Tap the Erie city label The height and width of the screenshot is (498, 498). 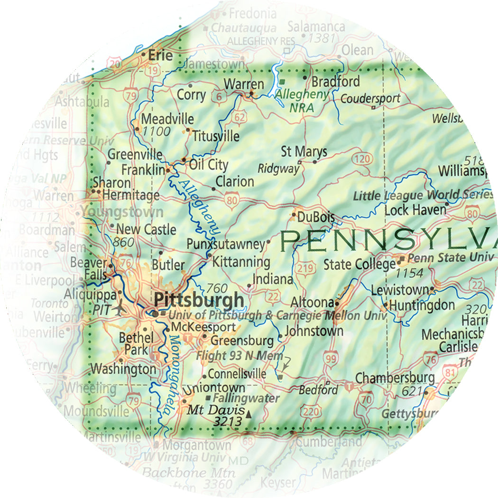pyautogui.click(x=160, y=55)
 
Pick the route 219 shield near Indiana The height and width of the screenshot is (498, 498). pyautogui.click(x=305, y=269)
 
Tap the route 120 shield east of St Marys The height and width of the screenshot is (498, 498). pyautogui.click(x=363, y=159)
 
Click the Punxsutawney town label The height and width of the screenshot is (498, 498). pyautogui.click(x=225, y=245)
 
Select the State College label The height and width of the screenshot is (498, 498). pyautogui.click(x=359, y=264)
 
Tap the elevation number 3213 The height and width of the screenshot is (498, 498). pyautogui.click(x=228, y=421)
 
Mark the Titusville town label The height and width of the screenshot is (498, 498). pyautogui.click(x=215, y=137)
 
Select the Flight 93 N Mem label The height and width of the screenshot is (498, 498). pyautogui.click(x=240, y=356)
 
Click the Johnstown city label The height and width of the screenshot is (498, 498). pyautogui.click(x=314, y=331)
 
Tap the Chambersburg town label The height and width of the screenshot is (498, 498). pyautogui.click(x=395, y=378)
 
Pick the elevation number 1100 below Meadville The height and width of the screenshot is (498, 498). pyautogui.click(x=156, y=131)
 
